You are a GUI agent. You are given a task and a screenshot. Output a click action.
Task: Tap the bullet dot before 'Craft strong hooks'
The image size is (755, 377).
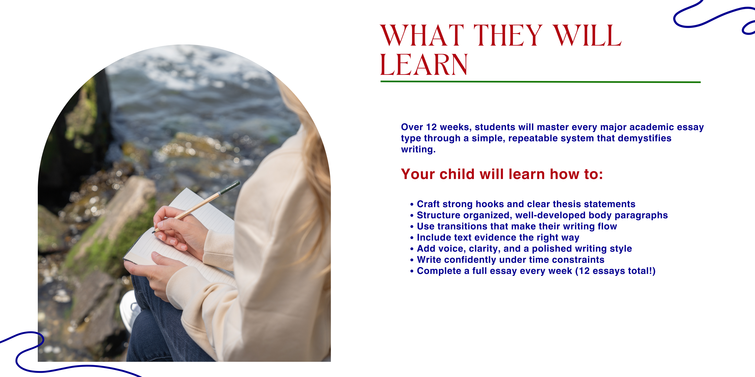[x=412, y=204]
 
